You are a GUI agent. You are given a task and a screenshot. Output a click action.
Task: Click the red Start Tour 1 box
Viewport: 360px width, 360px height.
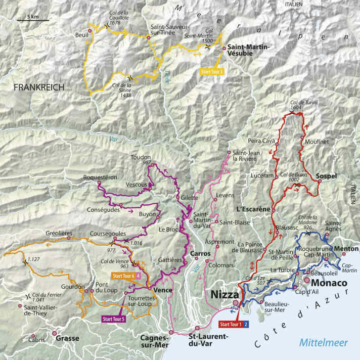pyautogui.click(x=230, y=324)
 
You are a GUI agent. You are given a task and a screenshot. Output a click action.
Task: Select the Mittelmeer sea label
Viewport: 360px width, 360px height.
pyautogui.click(x=324, y=342)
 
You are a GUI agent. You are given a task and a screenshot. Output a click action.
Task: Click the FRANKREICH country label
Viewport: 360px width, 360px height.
pyautogui.click(x=39, y=87)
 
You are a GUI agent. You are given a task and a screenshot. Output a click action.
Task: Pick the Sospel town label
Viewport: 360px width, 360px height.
pyautogui.click(x=326, y=176)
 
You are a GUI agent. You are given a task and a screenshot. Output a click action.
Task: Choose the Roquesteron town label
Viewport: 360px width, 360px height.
pyautogui.click(x=116, y=177)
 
